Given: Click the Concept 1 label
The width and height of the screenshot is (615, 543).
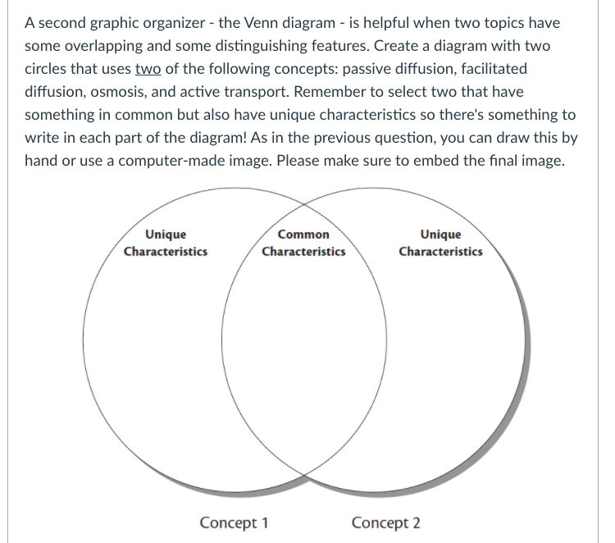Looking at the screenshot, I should [x=235, y=522].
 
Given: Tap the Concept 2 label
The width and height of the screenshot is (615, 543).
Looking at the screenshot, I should [x=385, y=522].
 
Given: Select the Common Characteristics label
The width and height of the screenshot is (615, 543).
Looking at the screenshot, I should [x=303, y=243].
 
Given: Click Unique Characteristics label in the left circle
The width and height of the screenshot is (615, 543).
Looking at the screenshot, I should [x=165, y=243].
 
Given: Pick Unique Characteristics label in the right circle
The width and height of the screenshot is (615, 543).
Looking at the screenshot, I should [x=440, y=243].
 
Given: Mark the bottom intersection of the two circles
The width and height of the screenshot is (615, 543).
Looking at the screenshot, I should [x=304, y=474].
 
